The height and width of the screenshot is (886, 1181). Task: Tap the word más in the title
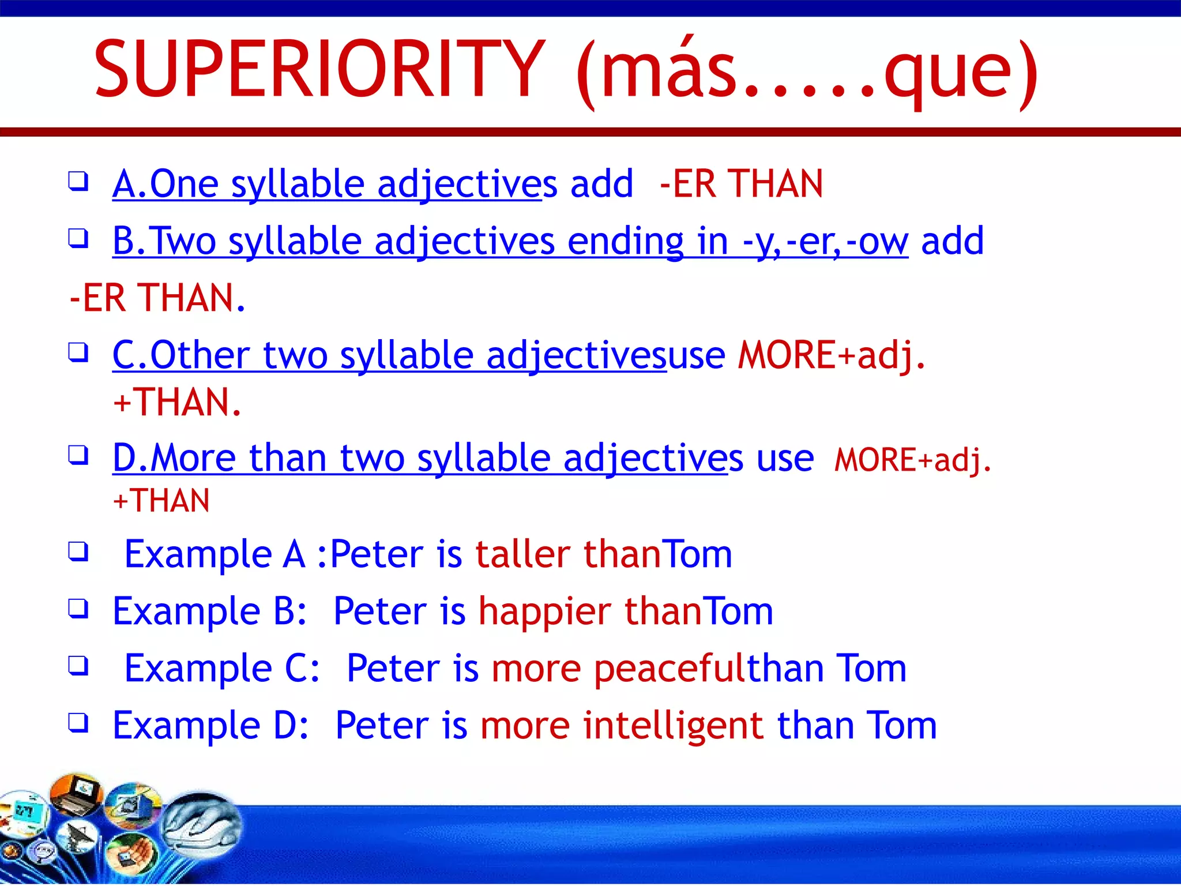[669, 70]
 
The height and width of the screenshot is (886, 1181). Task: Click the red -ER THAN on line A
[742, 184]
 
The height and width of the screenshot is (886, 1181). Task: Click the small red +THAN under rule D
[161, 500]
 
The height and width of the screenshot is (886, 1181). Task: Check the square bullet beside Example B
[78, 608]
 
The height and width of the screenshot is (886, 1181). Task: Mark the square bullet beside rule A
[78, 181]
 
